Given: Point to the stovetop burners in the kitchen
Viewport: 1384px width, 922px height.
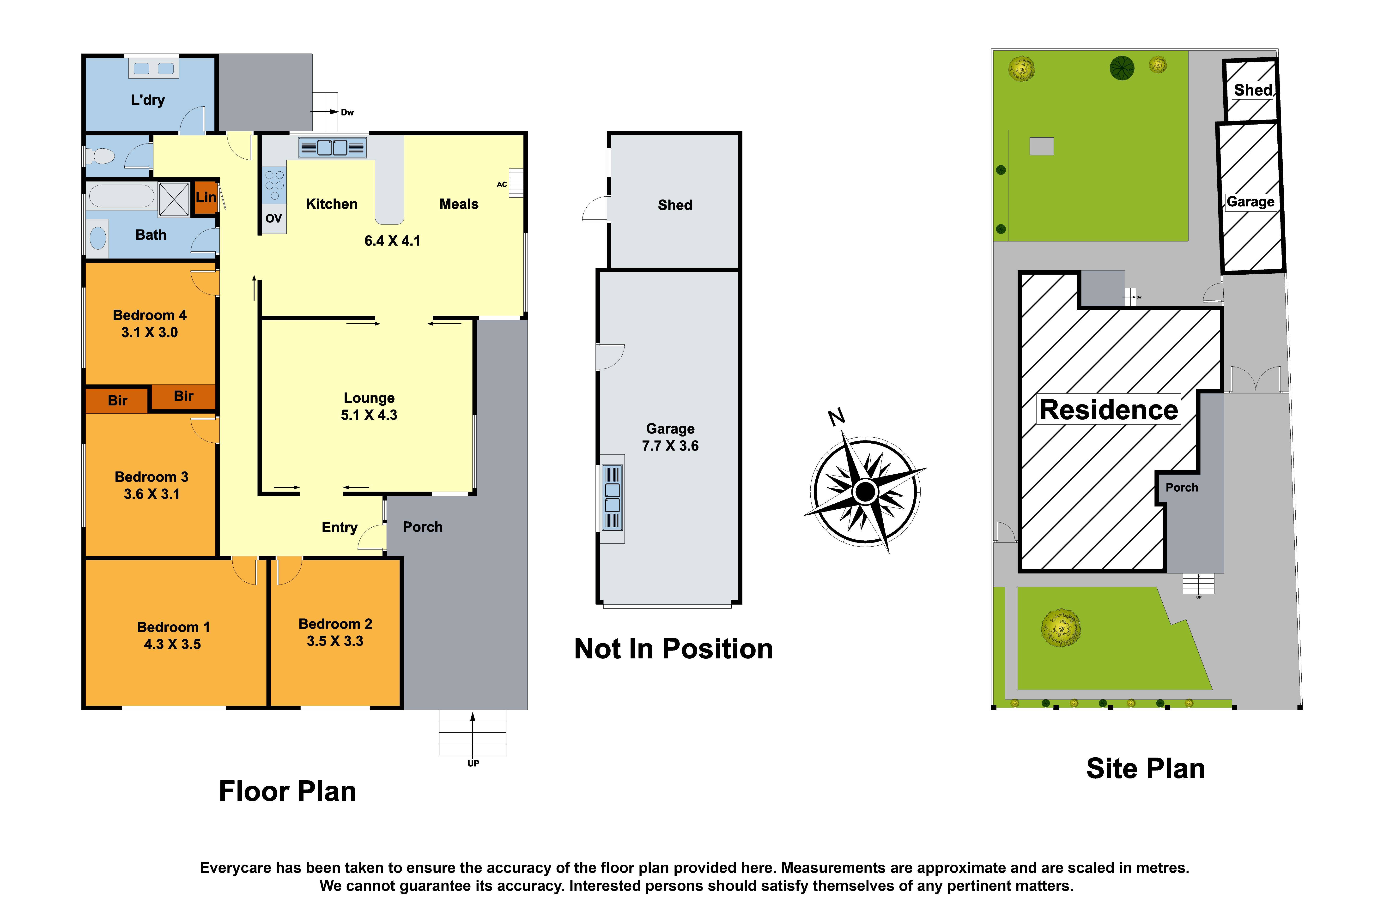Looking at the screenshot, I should pyautogui.click(x=274, y=185).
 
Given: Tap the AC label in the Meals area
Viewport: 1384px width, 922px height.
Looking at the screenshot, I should pyautogui.click(x=502, y=185).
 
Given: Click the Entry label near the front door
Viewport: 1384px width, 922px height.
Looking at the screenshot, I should pyautogui.click(x=339, y=527).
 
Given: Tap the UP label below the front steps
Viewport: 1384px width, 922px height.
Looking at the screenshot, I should pyautogui.click(x=473, y=763).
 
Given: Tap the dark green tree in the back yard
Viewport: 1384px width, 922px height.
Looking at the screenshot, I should pyautogui.click(x=1122, y=68).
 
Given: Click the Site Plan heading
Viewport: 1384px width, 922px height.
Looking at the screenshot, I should pyautogui.click(x=1145, y=769).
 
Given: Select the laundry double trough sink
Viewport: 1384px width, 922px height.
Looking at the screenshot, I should pyautogui.click(x=153, y=69).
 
